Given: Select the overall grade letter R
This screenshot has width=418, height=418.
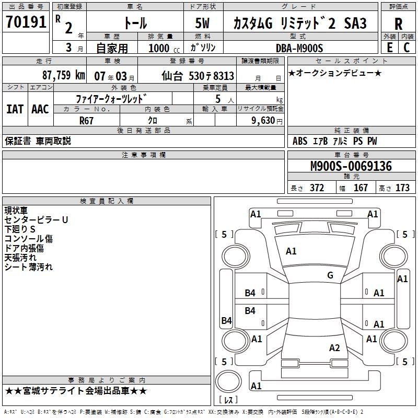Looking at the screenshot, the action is tap(398, 24).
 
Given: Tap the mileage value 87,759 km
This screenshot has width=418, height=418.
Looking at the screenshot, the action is tap(63, 75).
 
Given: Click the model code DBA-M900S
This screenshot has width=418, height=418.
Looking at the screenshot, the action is tap(299, 48).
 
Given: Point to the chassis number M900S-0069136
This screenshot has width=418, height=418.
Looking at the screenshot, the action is tap(351, 166).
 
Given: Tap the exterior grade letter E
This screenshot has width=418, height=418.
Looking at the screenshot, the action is tap(389, 48).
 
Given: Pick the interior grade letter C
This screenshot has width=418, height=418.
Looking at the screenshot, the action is tap(407, 48).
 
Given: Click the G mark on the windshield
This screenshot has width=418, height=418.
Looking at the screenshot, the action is tap(330, 275).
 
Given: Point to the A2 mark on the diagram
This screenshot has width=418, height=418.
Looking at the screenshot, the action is tap(334, 348).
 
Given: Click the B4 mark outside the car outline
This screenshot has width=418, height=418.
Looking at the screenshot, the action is tap(226, 321).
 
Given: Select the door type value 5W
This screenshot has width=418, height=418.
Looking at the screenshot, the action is tap(203, 24).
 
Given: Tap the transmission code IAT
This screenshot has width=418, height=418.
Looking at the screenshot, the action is tap(15, 109).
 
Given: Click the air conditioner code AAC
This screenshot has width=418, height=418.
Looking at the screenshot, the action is tap(40, 109).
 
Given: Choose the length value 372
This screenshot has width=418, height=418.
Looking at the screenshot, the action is tap(317, 188).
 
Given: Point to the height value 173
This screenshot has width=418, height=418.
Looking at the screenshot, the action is tap(402, 188).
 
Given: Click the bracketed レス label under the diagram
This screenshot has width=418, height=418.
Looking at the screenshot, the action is tap(228, 400).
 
